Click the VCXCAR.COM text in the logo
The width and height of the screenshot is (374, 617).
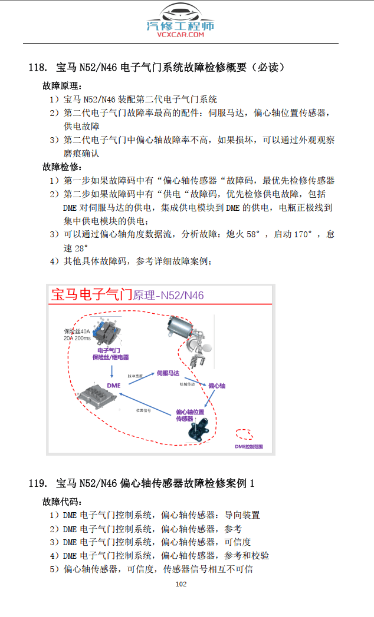181,35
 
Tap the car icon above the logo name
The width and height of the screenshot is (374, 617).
181,13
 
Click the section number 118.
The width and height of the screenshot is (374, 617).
37,67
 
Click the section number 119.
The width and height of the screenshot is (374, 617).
37,484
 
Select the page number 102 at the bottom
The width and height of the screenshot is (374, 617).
181,584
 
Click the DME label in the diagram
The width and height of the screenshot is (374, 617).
114,386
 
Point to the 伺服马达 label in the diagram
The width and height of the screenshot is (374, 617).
168,373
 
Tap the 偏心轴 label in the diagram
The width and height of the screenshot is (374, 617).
216,386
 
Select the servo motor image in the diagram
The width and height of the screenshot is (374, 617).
185,330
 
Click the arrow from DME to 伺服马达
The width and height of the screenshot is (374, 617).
139,379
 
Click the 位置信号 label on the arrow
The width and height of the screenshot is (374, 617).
144,410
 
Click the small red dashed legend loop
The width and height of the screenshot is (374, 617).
245,434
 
